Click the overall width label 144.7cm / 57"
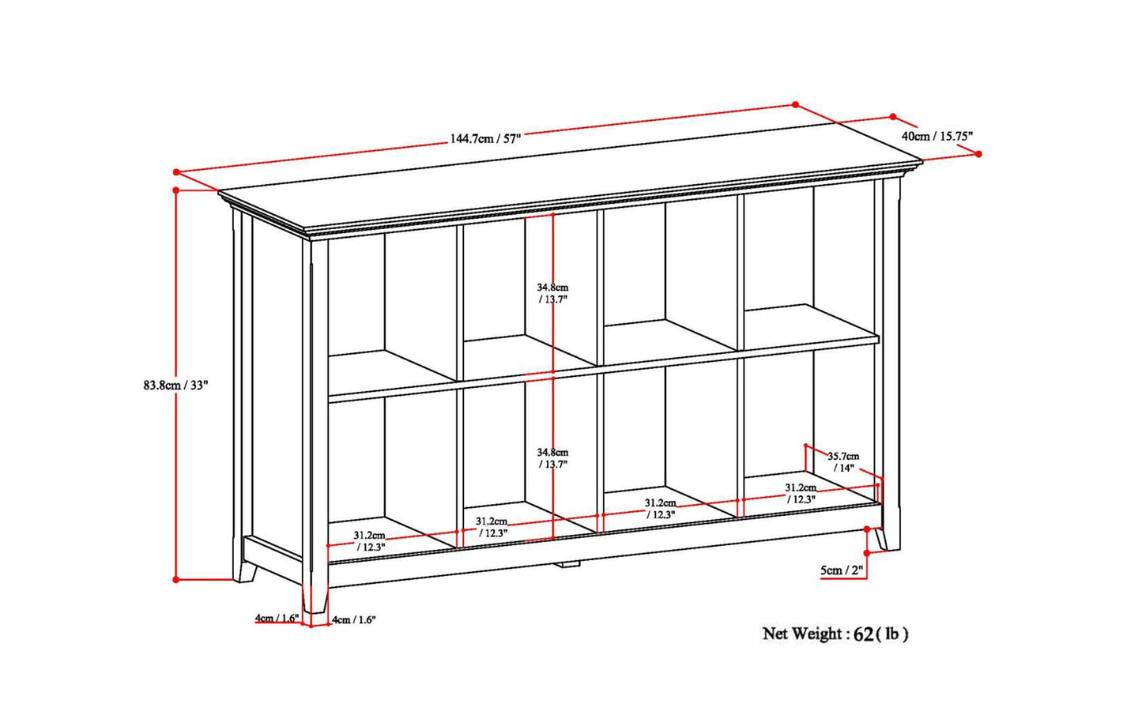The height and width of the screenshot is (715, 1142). (486, 138)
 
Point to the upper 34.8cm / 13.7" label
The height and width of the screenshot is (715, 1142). (552, 294)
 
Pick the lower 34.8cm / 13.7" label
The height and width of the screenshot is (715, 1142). (552, 458)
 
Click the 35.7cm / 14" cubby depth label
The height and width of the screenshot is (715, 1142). (842, 461)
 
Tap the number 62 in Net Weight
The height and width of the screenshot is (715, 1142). (863, 634)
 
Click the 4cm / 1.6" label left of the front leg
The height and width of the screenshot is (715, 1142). (275, 618)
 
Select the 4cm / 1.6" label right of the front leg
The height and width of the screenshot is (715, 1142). (353, 619)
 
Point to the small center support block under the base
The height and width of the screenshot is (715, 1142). (567, 564)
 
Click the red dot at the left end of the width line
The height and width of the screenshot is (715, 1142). (176, 171)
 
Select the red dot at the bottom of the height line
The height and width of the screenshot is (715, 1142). (175, 579)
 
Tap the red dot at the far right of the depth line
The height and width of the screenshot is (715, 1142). (978, 154)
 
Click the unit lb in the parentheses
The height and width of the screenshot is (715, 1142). (892, 634)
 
